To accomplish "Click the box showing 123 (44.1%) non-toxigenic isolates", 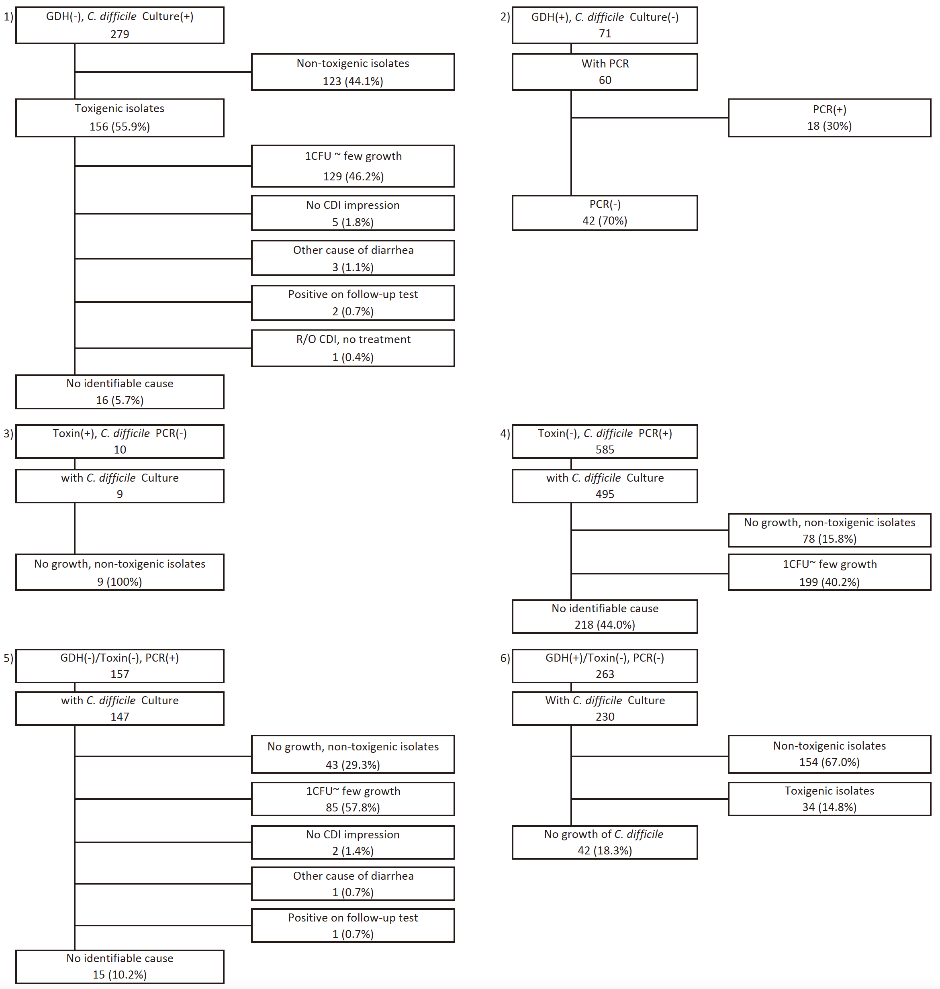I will pos(353,72).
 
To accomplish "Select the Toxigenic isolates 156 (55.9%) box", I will pos(120,118).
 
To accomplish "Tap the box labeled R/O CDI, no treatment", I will pos(353,348).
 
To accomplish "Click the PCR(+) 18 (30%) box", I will pos(829,118).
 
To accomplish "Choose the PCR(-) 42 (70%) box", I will pos(605,213).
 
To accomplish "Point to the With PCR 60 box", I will pos(605,72).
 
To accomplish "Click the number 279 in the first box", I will pos(120,34).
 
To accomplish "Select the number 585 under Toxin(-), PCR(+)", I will pos(605,450).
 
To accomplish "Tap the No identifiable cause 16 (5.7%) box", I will pos(120,392).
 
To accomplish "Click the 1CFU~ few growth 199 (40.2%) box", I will pos(829,573).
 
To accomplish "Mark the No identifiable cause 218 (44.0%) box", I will pos(605,617).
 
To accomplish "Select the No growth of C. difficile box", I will pos(605,842).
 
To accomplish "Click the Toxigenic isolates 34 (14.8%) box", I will pos(829,799).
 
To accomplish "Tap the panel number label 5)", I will pos(8,658).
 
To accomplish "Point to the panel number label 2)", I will pos(505,16).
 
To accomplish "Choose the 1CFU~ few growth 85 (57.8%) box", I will pos(353,799).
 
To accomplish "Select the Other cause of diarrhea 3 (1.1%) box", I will pos(353,259).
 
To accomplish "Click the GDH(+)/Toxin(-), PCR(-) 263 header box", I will pos(605,666).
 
